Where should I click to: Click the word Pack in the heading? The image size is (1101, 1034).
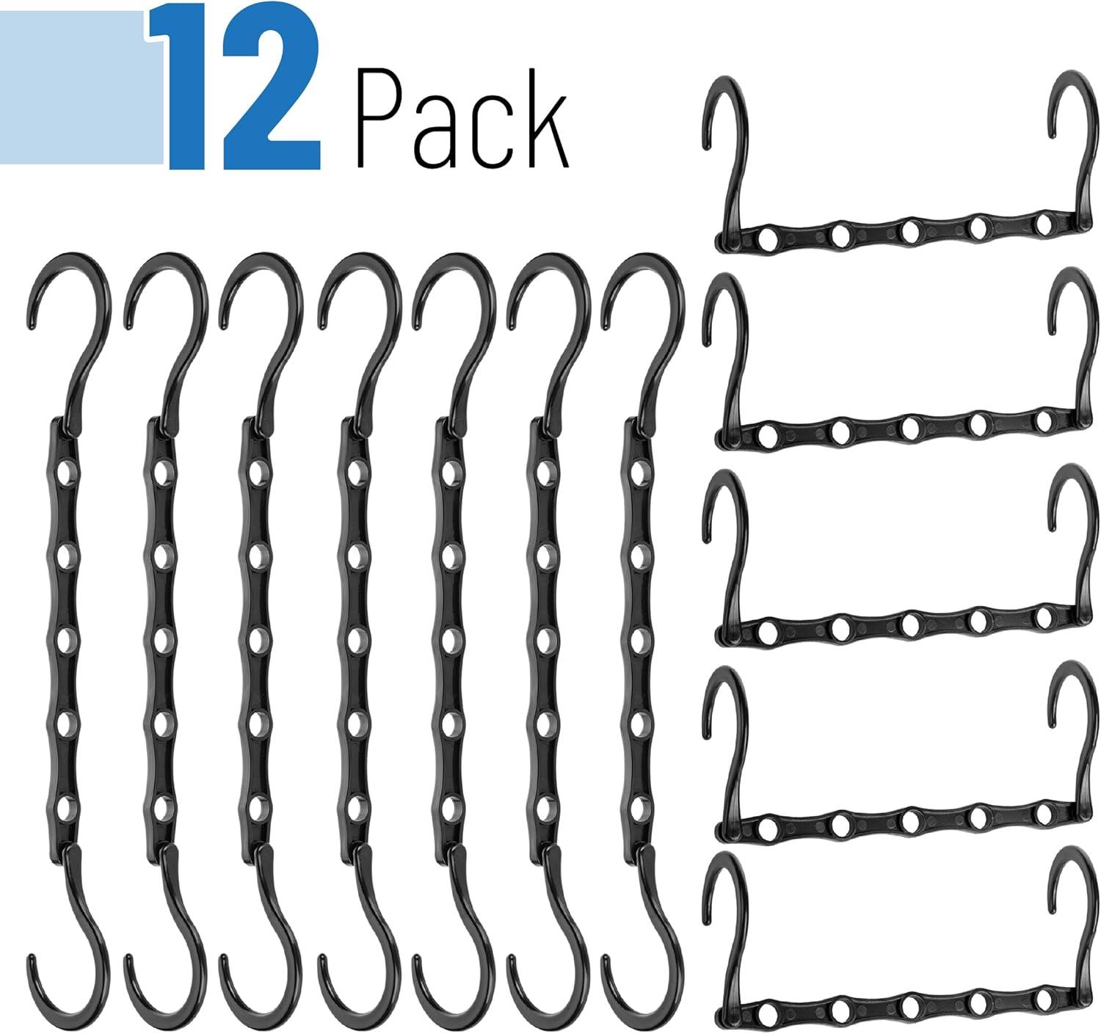pos(463,117)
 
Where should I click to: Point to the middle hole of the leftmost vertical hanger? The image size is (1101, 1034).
pos(67,641)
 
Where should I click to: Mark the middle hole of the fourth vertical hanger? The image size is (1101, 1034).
pos(357,641)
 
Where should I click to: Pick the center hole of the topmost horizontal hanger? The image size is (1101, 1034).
pos(909,232)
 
